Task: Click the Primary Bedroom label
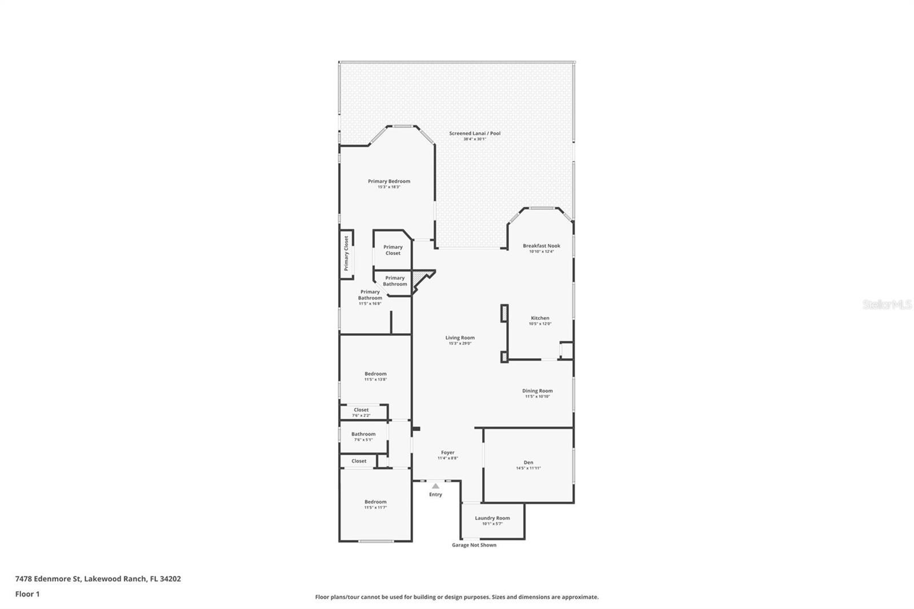(x=388, y=181)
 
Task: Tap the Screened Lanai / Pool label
(x=474, y=133)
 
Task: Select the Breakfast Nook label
(x=541, y=246)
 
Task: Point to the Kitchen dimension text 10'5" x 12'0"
(x=540, y=324)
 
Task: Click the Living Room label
(x=460, y=338)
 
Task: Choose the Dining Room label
(x=537, y=391)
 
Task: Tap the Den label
(x=528, y=463)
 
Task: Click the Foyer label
(x=447, y=452)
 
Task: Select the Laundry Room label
(x=492, y=518)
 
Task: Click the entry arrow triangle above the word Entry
(x=435, y=486)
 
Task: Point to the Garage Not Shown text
(x=474, y=545)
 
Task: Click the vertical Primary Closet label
(x=346, y=254)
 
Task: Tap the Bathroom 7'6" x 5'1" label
(x=363, y=434)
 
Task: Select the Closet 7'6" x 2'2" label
(x=361, y=410)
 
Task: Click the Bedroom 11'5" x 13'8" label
(x=375, y=374)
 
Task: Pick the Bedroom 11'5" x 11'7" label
(x=375, y=502)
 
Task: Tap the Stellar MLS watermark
(x=887, y=304)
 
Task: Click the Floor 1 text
(x=27, y=594)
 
